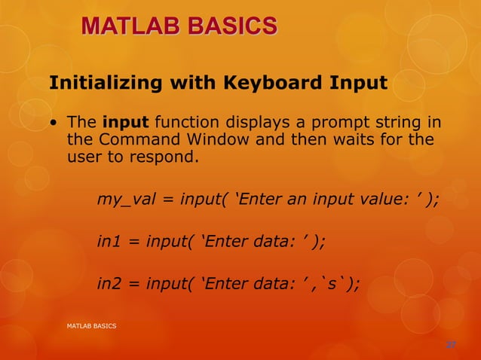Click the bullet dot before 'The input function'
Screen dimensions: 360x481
click(x=54, y=123)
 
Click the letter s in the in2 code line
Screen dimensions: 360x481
click(x=335, y=283)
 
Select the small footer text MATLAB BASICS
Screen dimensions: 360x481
click(x=92, y=325)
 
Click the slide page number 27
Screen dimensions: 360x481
click(x=451, y=345)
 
